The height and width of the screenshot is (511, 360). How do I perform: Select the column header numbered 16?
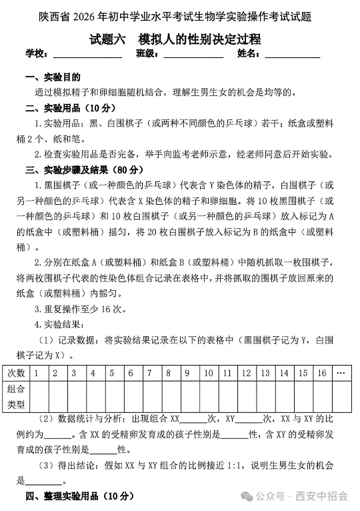point(321,373)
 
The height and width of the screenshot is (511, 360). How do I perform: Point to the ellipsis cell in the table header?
point(341,373)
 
